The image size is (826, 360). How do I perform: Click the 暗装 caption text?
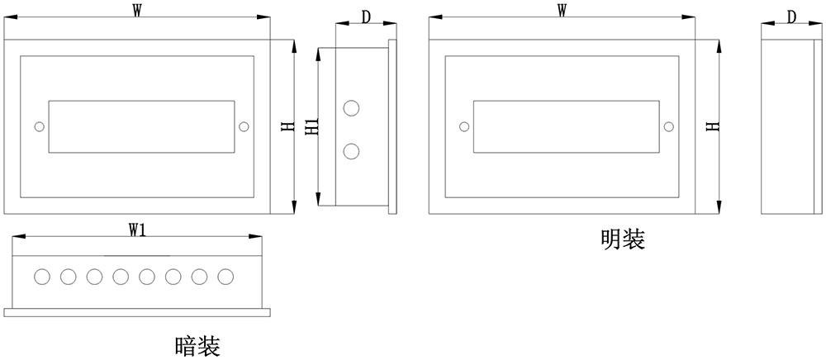tap(197, 344)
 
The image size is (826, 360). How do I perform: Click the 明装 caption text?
tap(622, 240)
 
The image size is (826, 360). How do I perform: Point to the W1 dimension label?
tap(138, 230)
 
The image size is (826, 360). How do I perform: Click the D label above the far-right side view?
tap(790, 17)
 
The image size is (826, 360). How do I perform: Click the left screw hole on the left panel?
tap(38, 127)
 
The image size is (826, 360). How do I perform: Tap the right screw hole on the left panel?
tap(243, 127)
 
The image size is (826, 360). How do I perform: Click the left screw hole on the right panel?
tap(463, 127)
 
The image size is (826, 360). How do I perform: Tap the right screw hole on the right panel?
tap(668, 127)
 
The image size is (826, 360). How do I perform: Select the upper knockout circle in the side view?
tap(351, 108)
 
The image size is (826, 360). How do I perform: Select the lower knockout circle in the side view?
tap(351, 150)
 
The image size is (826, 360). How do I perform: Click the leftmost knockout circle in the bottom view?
tap(41, 276)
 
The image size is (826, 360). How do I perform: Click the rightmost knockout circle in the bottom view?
tap(225, 276)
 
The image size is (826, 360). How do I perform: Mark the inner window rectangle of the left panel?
tap(140, 126)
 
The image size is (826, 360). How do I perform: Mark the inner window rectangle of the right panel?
tap(566, 126)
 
